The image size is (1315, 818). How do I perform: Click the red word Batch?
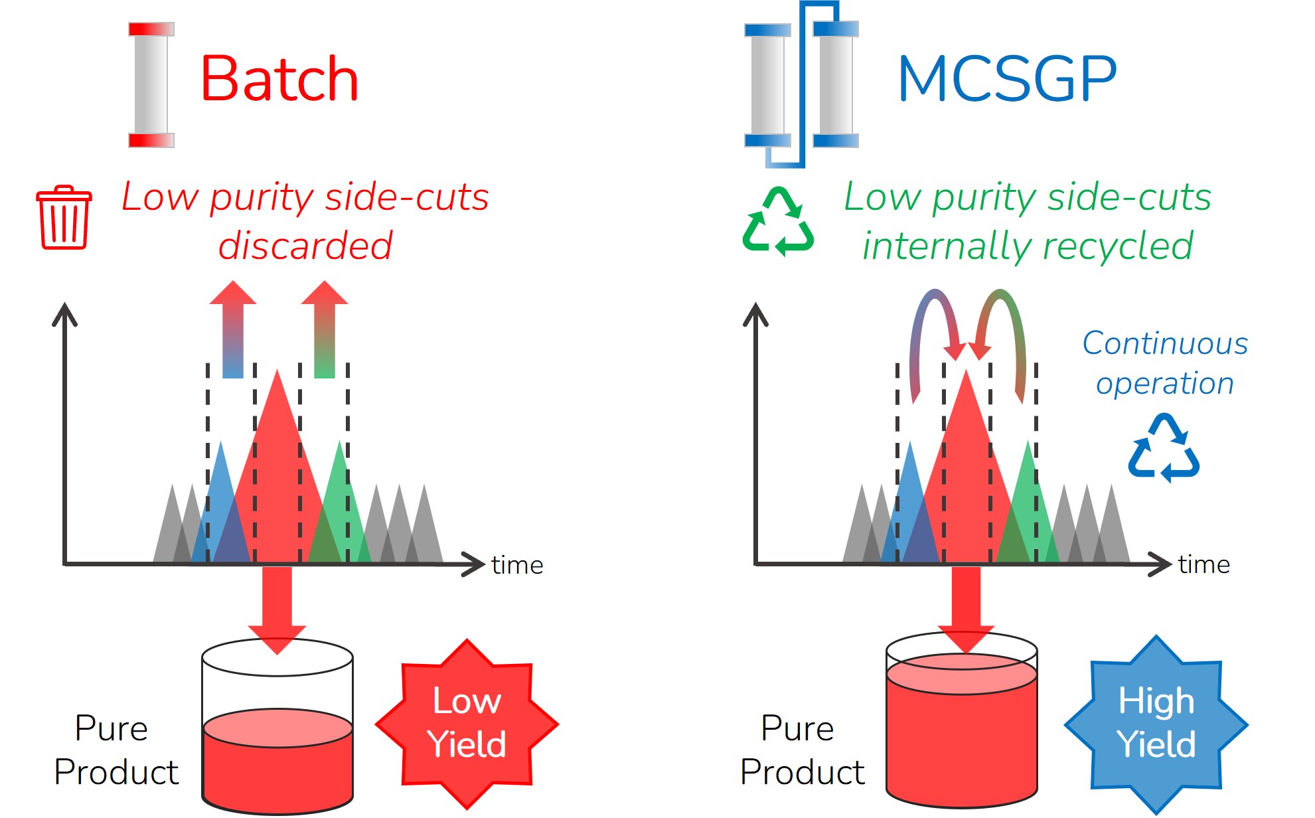coord(279,79)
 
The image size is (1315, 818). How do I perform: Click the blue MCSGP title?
coord(1006,79)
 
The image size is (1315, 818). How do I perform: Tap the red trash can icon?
coord(64,218)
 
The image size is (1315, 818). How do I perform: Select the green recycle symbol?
coord(777,222)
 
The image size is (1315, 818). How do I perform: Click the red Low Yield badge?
coord(467,723)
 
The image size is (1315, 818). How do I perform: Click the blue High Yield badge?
coord(1156,723)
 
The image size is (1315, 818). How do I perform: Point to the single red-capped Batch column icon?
coord(151,84)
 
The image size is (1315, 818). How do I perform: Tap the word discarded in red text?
coord(305,246)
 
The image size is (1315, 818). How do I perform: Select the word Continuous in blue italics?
coord(1165,343)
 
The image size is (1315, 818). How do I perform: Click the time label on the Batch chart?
coord(517,565)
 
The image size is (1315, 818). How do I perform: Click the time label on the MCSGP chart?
coord(1203,564)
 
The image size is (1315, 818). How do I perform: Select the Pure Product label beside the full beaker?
coord(801,750)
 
